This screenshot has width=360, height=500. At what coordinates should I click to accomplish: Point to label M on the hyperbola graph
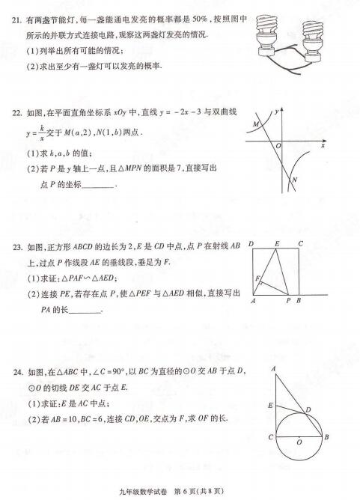256,124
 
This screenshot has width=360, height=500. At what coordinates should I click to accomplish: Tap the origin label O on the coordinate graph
278,145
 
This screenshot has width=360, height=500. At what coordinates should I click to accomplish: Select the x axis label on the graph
323,145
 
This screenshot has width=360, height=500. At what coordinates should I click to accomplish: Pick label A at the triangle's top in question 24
274,368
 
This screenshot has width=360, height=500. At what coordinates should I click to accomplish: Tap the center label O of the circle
299,442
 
